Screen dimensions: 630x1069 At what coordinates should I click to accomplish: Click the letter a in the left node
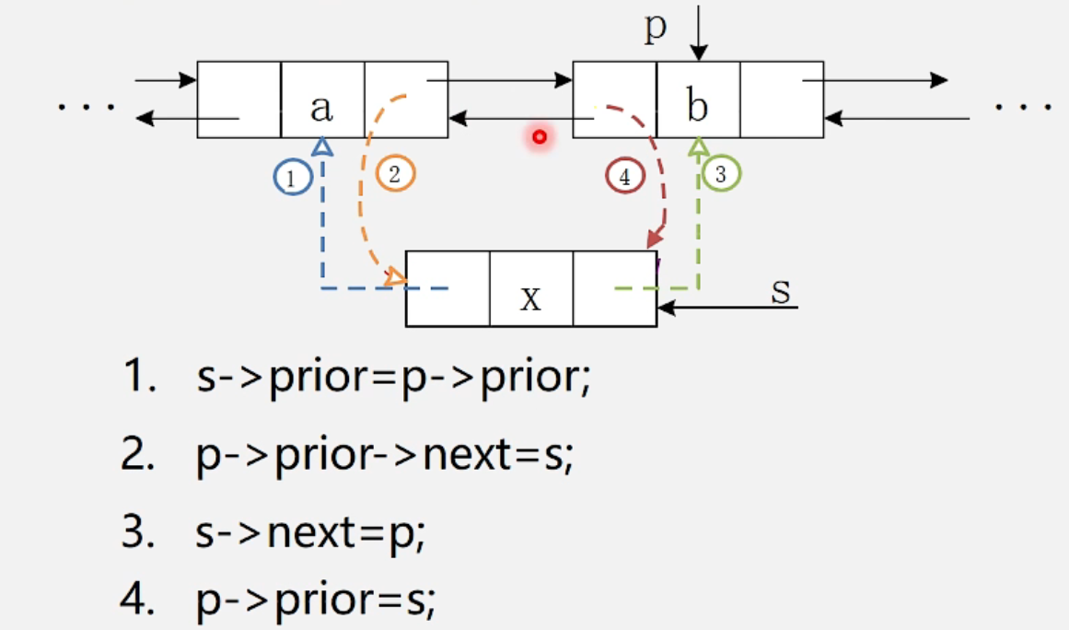click(x=320, y=109)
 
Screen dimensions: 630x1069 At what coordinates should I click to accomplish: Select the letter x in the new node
click(x=530, y=298)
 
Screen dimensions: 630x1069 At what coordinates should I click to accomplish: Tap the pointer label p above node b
click(x=655, y=28)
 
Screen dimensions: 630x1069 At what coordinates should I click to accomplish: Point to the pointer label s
click(x=781, y=290)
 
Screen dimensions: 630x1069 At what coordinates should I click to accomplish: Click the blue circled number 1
click(x=292, y=178)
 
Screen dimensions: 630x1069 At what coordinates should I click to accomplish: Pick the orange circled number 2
click(x=395, y=174)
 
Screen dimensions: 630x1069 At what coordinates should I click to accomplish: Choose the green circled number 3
click(x=721, y=172)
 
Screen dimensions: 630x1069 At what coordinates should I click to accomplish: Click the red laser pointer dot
click(x=540, y=138)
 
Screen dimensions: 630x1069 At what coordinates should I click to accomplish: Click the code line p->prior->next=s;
click(x=385, y=456)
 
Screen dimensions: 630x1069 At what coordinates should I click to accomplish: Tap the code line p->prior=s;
click(x=315, y=601)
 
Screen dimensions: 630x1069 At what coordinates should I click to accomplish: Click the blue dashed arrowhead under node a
click(x=321, y=146)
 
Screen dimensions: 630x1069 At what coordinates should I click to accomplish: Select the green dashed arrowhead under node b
click(x=699, y=145)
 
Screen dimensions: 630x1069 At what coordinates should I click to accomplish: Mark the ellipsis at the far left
click(x=87, y=107)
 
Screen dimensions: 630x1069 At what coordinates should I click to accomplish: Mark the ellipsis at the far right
click(x=1023, y=107)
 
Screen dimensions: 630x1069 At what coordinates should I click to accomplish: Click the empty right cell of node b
click(x=781, y=99)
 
